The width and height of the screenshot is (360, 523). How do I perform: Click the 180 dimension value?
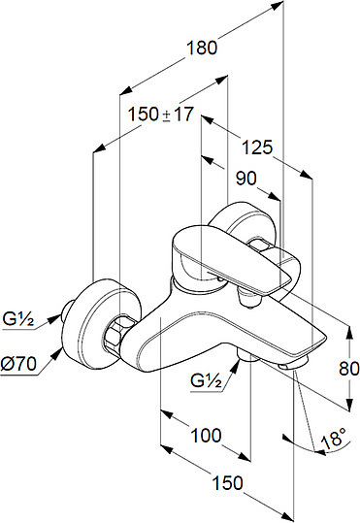tap(202, 48)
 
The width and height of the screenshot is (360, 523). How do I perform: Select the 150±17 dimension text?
tap(161, 114)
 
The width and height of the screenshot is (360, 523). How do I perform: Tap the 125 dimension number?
tap(257, 147)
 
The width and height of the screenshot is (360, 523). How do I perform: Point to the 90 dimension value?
tap(246, 179)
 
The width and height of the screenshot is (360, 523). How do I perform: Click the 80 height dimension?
tap(349, 369)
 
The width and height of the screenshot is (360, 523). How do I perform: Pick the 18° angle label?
tap(333, 438)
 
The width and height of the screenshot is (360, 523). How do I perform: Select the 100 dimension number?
tap(206, 436)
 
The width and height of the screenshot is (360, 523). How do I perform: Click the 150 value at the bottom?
tap(228, 482)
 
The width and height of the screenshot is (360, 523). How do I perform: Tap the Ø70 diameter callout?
tap(18, 363)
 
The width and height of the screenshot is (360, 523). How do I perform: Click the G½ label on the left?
tap(18, 319)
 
